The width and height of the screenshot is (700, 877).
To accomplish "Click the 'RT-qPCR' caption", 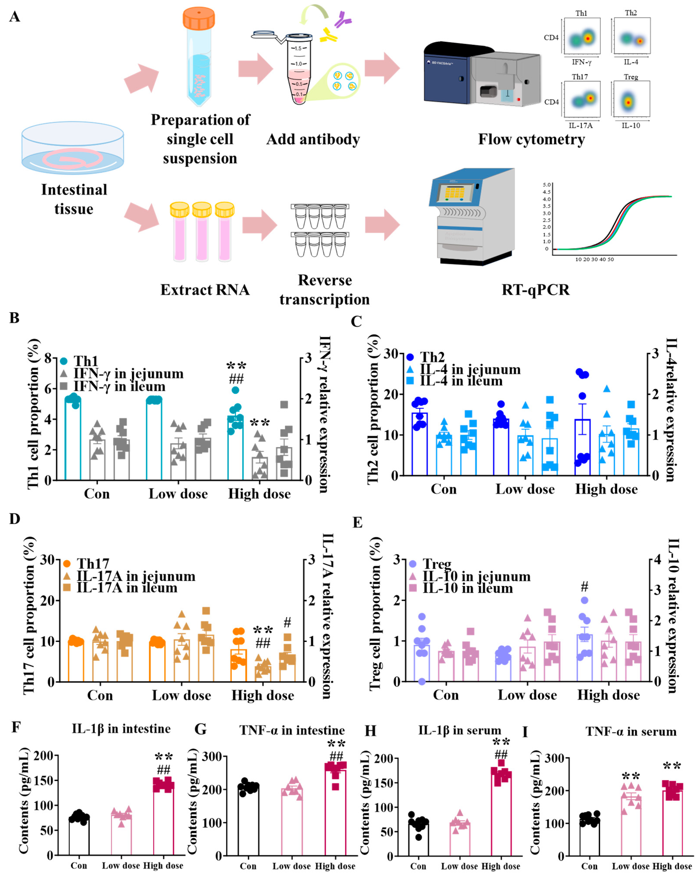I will point(535,290).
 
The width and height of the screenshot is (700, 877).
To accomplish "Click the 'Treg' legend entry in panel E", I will point(437,564).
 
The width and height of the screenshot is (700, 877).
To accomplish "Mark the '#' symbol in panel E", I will point(584,586).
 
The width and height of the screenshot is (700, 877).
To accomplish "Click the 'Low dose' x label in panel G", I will point(291,866).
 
